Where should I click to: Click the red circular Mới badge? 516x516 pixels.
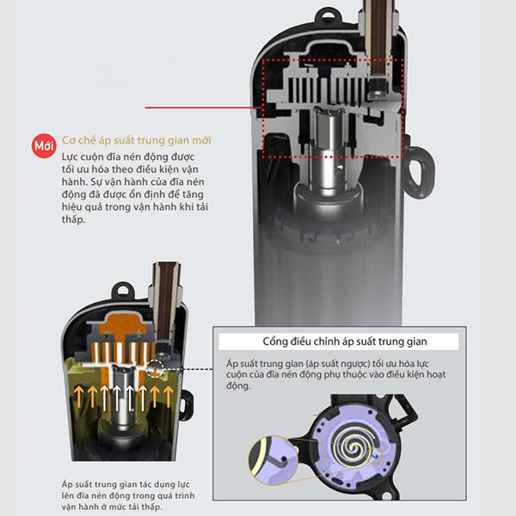pyautogui.click(x=44, y=145)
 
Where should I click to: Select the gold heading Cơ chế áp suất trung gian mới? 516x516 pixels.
pyautogui.click(x=136, y=140)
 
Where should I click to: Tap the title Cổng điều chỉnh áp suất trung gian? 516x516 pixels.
pyautogui.click(x=345, y=341)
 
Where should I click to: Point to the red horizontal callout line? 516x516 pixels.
pyautogui.click(x=203, y=107)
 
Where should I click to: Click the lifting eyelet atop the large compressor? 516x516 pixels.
pyautogui.click(x=328, y=15)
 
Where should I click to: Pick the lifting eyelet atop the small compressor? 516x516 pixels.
pyautogui.click(x=124, y=291)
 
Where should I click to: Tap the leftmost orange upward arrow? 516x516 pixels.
pyautogui.click(x=78, y=396)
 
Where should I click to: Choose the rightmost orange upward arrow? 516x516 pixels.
pyautogui.click(x=169, y=396)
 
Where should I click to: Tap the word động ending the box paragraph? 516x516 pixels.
pyautogui.click(x=238, y=385)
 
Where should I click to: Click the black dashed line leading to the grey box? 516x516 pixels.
pyautogui.click(x=188, y=369)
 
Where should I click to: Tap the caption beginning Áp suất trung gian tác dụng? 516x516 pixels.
pyautogui.click(x=128, y=495)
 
